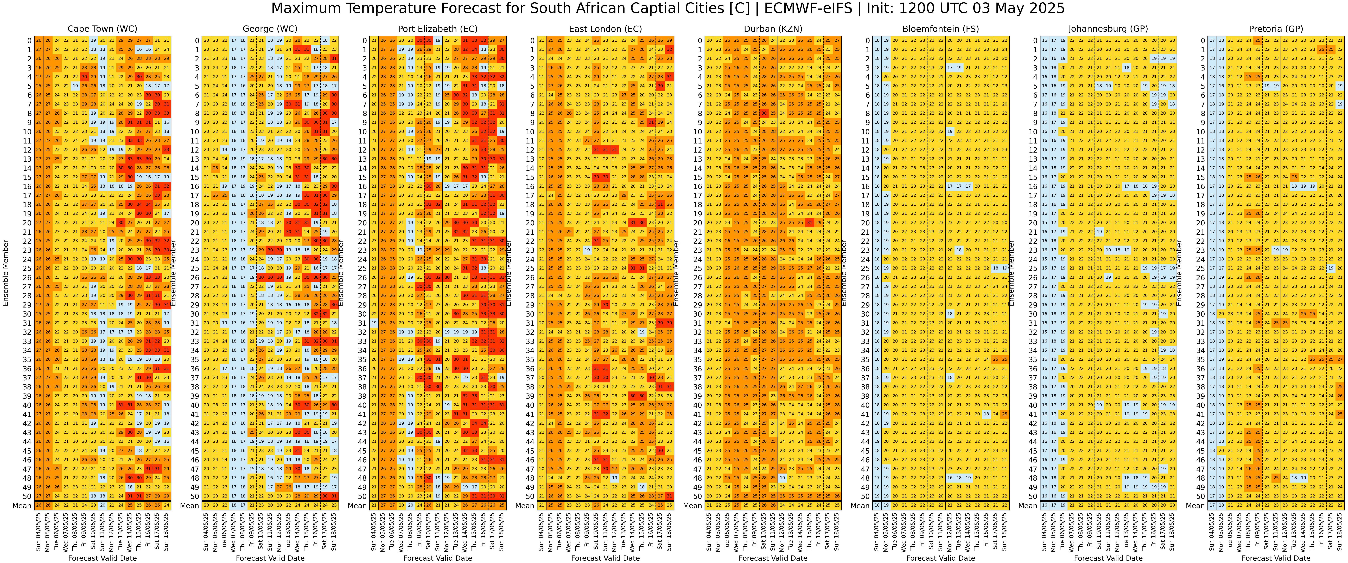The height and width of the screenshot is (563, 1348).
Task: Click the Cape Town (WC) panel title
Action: [x=103, y=29]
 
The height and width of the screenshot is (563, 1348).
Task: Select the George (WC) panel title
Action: [x=270, y=29]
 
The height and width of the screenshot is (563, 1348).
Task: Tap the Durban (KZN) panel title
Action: [x=773, y=29]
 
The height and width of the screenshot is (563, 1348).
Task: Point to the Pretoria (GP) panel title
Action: [x=1276, y=29]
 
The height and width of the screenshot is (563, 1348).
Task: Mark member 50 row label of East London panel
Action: [x=532, y=497]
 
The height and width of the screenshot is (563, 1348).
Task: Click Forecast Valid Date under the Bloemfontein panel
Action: [x=940, y=558]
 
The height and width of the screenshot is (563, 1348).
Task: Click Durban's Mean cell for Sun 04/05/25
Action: [x=709, y=506]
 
